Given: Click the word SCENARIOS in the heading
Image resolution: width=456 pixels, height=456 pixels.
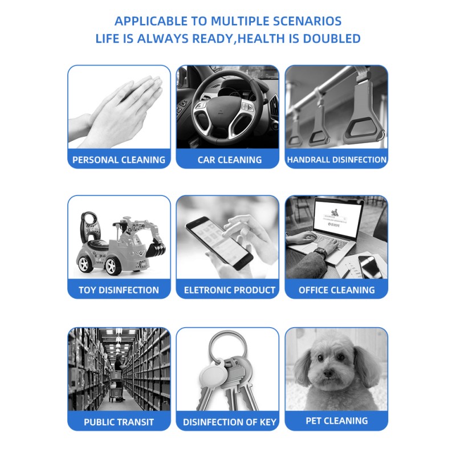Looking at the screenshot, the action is point(307,21).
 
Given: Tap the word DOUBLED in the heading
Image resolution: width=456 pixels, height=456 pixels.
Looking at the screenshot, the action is point(332,39).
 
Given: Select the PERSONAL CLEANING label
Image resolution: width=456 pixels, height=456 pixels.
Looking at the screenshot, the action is point(119,160).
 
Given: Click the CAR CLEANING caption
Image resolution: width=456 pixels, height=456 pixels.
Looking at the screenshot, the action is point(230,160).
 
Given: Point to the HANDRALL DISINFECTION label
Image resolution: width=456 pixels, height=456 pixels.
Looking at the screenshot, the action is point(336,160).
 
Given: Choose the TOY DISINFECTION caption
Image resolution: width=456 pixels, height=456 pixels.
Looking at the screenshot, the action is point(119,290).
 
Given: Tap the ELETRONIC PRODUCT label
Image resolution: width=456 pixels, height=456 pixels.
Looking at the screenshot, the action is point(230,290).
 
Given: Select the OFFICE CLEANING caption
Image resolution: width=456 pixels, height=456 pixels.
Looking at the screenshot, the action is point(336,290).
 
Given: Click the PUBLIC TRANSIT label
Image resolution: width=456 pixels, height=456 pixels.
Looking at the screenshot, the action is point(119,422).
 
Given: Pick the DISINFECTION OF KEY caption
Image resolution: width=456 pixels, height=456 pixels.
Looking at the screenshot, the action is point(230,422).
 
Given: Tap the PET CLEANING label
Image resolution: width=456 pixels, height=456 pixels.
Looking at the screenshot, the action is point(336,421).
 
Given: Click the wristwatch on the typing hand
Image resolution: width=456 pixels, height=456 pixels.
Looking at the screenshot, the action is point(321,251).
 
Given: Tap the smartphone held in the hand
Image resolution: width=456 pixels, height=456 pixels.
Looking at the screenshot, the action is point(219,243).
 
